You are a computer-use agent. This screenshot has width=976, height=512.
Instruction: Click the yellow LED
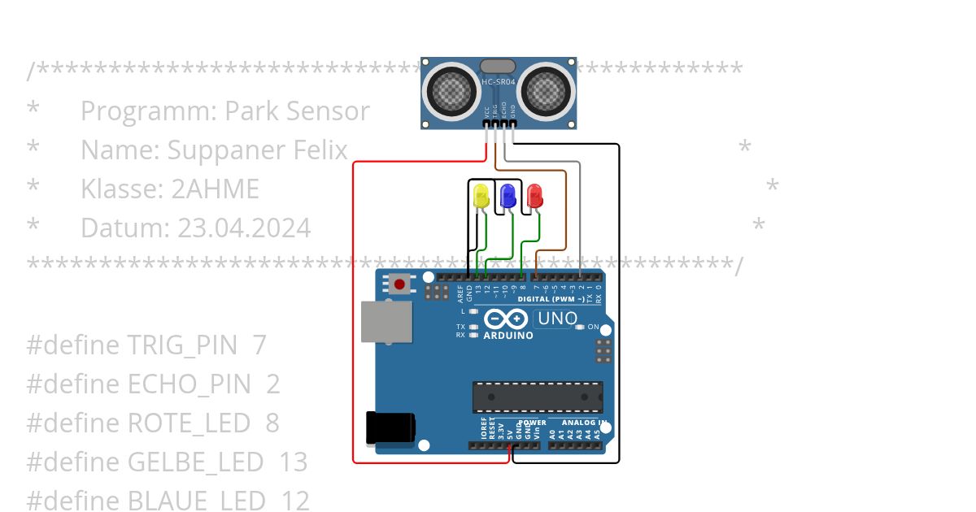[x=481, y=197]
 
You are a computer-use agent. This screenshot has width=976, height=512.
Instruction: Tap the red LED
[x=534, y=196]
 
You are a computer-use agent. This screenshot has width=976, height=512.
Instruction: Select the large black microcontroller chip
[x=538, y=397]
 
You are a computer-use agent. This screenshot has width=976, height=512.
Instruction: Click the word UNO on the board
[x=557, y=319]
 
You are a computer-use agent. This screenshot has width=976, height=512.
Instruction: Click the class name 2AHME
[x=215, y=189]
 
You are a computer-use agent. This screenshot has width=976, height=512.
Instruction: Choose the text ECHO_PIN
[x=190, y=384]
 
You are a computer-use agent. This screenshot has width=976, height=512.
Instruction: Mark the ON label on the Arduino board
[x=593, y=328]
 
